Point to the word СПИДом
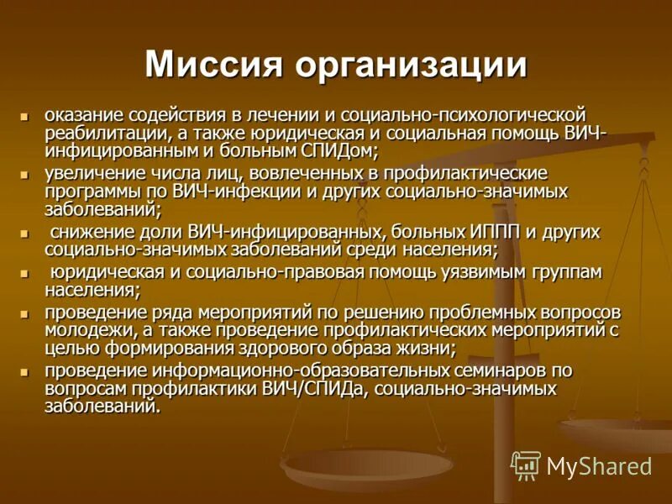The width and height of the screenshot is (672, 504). point(337,151)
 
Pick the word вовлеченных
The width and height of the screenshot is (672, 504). point(293,174)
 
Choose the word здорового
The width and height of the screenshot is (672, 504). point(291,348)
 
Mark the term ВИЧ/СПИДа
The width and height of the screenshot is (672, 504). point(320,389)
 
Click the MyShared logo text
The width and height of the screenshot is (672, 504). point(599,467)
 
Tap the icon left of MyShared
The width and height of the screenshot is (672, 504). point(526,465)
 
